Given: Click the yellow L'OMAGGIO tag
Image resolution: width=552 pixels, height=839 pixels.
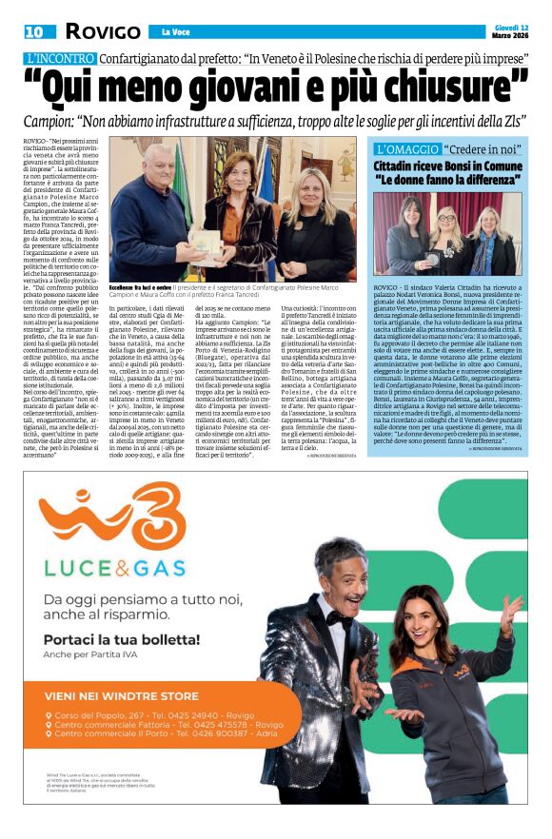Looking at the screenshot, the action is (x=406, y=149).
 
